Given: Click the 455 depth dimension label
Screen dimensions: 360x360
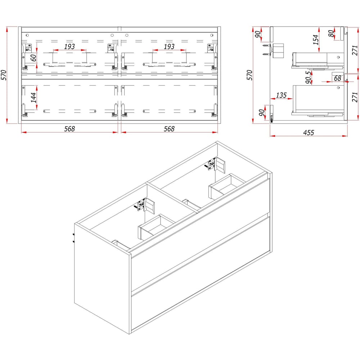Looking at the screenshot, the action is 309,132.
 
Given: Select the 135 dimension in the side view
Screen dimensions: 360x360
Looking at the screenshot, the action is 281,95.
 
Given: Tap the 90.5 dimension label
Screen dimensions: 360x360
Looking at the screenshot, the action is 309,77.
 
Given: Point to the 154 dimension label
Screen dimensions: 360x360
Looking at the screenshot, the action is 316,40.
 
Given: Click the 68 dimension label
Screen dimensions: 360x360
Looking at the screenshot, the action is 337,78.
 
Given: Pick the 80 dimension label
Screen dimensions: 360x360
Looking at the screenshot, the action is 331,33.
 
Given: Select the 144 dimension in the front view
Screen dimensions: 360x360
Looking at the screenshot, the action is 33,98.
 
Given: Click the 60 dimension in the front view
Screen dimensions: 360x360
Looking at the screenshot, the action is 33,58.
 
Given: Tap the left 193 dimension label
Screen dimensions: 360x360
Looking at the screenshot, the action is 69,46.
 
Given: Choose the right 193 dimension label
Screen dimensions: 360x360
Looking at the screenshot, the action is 169,46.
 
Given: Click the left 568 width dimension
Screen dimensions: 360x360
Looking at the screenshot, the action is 69,129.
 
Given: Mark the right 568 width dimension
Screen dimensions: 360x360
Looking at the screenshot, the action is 169,129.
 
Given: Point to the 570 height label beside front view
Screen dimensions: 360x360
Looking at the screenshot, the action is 4,75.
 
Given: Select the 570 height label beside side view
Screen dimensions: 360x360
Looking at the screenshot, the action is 249,75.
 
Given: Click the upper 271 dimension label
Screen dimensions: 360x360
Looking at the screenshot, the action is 355,50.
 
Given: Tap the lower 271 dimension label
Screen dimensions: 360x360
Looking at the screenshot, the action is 355,97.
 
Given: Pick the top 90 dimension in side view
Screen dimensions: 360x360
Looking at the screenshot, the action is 258,34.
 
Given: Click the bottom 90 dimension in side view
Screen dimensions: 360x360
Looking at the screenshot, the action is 261,112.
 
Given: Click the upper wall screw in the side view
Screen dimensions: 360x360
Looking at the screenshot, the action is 266,46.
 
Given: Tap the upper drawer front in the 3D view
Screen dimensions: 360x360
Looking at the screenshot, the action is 200,234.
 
